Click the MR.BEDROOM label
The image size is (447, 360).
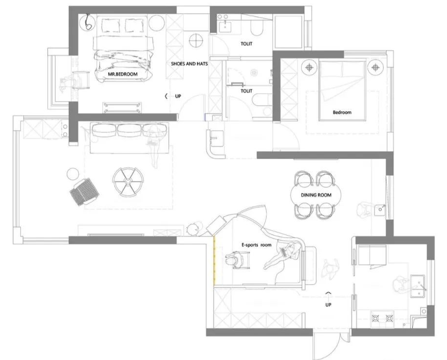pos(123,74)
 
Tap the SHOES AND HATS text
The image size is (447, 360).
pos(189,64)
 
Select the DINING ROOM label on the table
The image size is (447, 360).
pos(316,195)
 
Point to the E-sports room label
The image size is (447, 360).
pos(257,245)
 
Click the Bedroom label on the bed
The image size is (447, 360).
pos(342,112)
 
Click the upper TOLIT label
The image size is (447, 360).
pos(246,44)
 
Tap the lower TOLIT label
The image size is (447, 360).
pos(246,91)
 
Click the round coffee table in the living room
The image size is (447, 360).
pos(128,181)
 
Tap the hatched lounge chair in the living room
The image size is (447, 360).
pos(84,192)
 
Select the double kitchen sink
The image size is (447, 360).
pos(418,286)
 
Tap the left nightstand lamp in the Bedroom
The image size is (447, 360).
pos(309,68)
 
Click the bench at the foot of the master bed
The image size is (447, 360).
pos(122,108)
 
